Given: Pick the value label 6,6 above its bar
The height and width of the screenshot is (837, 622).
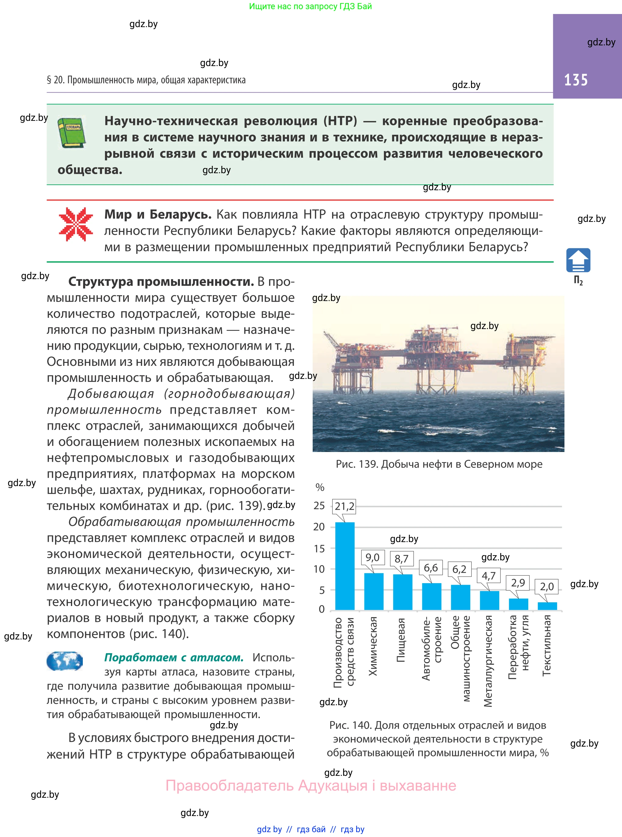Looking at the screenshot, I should [x=431, y=568].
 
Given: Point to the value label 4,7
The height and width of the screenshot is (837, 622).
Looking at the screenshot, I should [x=488, y=576].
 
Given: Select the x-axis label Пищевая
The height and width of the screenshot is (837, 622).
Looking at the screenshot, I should [x=401, y=640].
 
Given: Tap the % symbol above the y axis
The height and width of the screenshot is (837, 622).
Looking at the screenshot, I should [x=320, y=487].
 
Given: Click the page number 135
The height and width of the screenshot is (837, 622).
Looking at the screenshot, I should [x=576, y=80].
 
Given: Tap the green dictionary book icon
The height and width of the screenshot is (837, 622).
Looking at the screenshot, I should [x=71, y=132].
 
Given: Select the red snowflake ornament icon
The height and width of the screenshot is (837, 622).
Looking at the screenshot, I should [x=76, y=224].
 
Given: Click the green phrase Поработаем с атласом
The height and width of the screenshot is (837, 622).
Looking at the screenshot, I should [x=174, y=657].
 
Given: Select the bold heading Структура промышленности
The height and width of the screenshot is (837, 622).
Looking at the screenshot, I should [x=161, y=282].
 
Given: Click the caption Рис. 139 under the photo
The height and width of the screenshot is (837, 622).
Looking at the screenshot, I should [x=439, y=464].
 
